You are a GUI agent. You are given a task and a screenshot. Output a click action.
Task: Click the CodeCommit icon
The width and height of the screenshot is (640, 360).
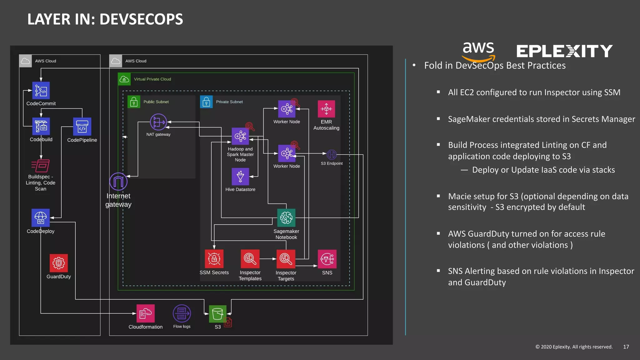tap(41, 91)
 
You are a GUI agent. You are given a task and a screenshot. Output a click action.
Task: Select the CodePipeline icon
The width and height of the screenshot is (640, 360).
tap(82, 127)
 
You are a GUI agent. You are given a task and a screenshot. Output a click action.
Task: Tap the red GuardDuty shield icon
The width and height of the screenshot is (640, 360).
tap(59, 263)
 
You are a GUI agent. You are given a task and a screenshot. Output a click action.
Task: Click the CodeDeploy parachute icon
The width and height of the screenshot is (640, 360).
tap(41, 218)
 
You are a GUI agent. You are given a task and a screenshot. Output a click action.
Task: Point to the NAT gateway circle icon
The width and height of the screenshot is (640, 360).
tap(158, 122)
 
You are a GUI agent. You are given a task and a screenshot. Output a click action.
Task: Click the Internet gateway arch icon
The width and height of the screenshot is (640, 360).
tap(118, 182)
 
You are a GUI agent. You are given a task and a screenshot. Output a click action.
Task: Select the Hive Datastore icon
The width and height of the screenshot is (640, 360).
tap(240, 177)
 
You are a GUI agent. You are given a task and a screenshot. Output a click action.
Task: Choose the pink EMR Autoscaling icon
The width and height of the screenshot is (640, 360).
tap(326, 109)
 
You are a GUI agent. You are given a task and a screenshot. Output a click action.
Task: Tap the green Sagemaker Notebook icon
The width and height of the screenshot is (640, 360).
tap(286, 218)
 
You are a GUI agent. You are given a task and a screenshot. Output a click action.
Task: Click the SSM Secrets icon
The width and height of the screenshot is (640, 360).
tap(214, 259)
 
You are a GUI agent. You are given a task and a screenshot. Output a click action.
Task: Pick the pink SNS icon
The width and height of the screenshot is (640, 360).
tap(327, 259)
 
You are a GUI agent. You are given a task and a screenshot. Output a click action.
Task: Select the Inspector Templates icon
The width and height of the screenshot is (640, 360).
tap(250, 259)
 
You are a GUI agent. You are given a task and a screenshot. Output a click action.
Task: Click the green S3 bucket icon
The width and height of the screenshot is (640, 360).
tap(217, 314)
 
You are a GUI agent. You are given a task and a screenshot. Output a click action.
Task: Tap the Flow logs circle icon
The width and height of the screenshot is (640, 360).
tap(182, 313)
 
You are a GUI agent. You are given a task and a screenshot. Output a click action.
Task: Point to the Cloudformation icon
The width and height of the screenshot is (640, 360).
tap(146, 313)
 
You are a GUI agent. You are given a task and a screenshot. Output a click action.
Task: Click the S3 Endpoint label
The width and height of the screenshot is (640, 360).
tap(332, 163)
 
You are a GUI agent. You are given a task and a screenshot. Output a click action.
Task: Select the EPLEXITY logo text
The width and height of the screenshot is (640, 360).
tap(564, 51)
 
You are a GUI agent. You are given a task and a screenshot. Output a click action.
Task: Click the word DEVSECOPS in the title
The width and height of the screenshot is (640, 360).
tap(141, 19)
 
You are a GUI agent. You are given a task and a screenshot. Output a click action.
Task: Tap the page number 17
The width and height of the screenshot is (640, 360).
tap(626, 347)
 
